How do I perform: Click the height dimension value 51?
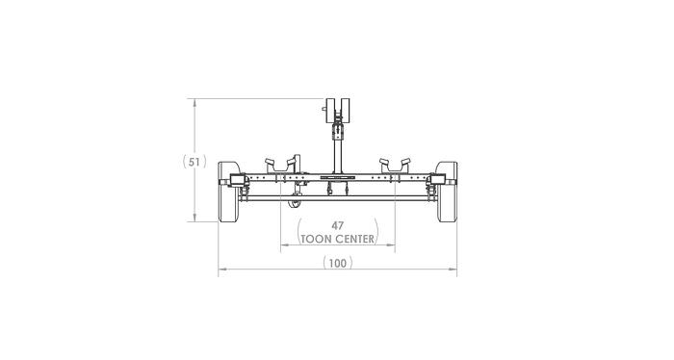coord(195,162)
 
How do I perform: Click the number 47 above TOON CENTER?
coord(337,225)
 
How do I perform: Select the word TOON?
coord(318,238)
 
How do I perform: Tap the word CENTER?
coord(355,238)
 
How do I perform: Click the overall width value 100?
coord(337,263)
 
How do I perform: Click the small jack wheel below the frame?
coord(295,202)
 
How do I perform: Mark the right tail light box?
coord(438,180)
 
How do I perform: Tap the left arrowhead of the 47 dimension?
coord(283,245)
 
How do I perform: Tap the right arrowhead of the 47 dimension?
coord(393,245)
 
